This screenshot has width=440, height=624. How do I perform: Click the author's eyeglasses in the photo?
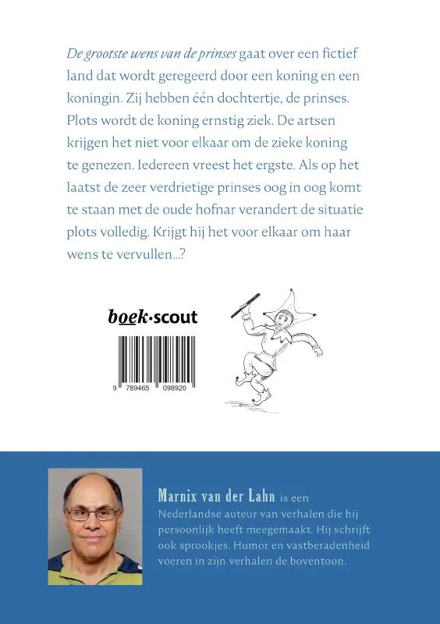click(x=93, y=513)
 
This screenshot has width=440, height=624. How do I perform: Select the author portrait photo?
click(x=95, y=526)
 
